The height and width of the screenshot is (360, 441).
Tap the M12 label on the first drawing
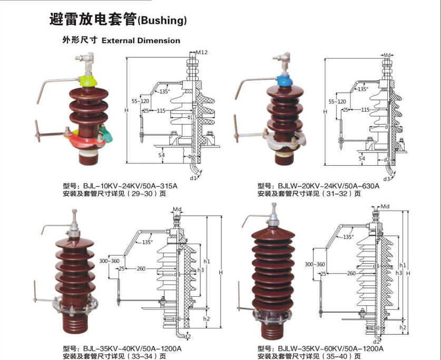coord(202,53)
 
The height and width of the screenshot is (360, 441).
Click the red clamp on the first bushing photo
coord(87,138)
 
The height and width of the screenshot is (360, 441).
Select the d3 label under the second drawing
coord(386,179)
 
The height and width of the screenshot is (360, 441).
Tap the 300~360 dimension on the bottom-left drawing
coord(108,261)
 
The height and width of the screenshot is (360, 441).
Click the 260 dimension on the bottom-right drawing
coord(351,274)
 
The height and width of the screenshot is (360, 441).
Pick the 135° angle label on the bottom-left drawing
coord(148,242)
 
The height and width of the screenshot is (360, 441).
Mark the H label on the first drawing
coord(126,110)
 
